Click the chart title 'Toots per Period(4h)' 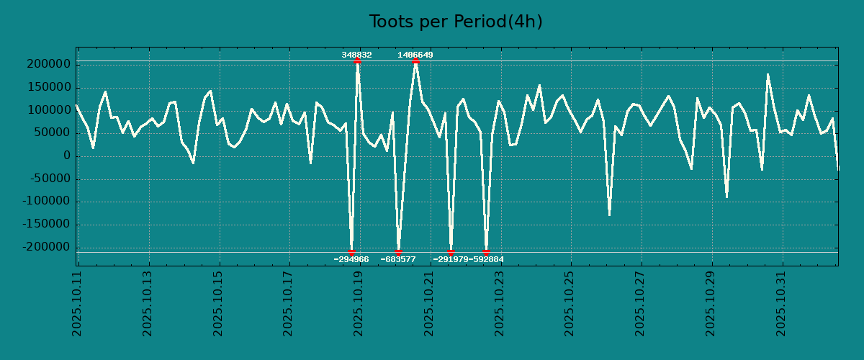point(456,22)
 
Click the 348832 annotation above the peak point(356,55)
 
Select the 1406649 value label point(415,55)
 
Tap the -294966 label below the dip point(351,259)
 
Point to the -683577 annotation point(398,259)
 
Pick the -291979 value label point(451,259)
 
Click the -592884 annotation point(487,259)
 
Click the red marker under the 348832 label point(357,61)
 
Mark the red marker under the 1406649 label point(415,61)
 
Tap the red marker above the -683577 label point(398,252)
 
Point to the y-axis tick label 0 point(67,156)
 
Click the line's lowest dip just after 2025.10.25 point(609,214)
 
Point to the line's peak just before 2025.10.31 point(768,74)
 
